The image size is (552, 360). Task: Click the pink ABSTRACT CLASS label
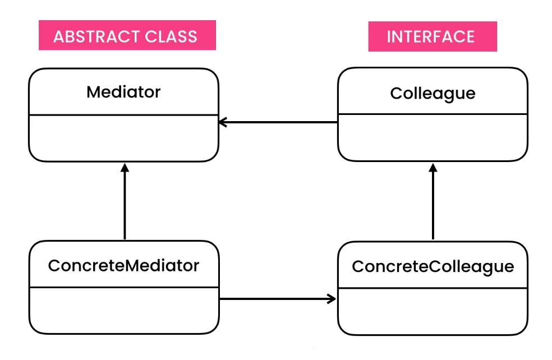[127, 36]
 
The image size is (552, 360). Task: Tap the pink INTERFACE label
[432, 36]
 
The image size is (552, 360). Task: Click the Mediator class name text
[123, 92]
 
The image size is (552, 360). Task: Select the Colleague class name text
[432, 93]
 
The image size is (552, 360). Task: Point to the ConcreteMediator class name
[123, 265]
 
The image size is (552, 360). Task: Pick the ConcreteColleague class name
[432, 266]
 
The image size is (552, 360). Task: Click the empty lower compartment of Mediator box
[123, 138]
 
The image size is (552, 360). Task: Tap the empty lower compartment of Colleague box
[432, 137]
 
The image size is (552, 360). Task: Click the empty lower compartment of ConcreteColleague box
[432, 311]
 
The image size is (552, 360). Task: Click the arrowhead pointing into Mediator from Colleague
[222, 122]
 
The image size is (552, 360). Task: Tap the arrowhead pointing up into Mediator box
[125, 167]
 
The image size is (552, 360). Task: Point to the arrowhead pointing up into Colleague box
[433, 167]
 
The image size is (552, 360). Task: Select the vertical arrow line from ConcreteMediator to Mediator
[125, 205]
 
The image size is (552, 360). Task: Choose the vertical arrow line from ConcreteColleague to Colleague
[433, 205]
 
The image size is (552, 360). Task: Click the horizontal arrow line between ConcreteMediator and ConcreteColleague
[275, 299]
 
